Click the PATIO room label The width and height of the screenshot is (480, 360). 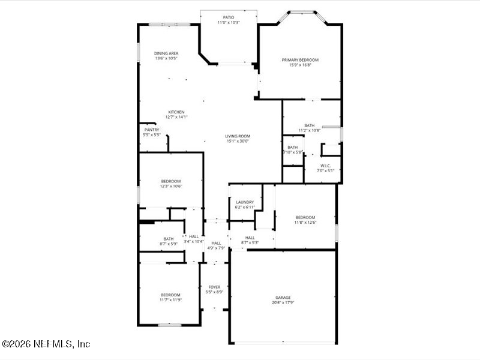pyautogui.click(x=228, y=17)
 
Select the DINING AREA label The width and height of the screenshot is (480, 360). pyautogui.click(x=166, y=53)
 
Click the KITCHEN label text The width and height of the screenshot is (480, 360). pyautogui.click(x=176, y=112)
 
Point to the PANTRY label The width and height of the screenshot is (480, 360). pyautogui.click(x=152, y=130)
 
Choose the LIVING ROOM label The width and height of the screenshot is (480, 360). pyautogui.click(x=238, y=136)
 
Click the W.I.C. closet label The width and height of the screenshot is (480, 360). pyautogui.click(x=326, y=166)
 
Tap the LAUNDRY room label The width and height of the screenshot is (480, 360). pyautogui.click(x=244, y=202)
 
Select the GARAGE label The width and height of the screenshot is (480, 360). pyautogui.click(x=283, y=298)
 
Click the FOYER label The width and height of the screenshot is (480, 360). pyautogui.click(x=214, y=287)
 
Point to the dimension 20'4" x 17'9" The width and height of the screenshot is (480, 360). pyautogui.click(x=283, y=302)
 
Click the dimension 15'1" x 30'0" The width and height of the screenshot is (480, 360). pyautogui.click(x=238, y=141)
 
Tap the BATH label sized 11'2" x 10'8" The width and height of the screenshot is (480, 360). pyautogui.click(x=309, y=125)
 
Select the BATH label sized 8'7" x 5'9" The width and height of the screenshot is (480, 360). pyautogui.click(x=169, y=239)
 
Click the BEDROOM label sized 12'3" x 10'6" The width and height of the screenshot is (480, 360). pyautogui.click(x=170, y=181)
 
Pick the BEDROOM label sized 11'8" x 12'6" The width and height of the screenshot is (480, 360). pyautogui.click(x=305, y=217)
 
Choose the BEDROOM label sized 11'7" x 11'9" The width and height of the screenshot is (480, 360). pyautogui.click(x=170, y=295)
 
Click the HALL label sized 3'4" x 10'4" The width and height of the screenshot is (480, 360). pyautogui.click(x=194, y=236)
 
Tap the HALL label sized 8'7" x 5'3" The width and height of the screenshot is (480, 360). pyautogui.click(x=250, y=238)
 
